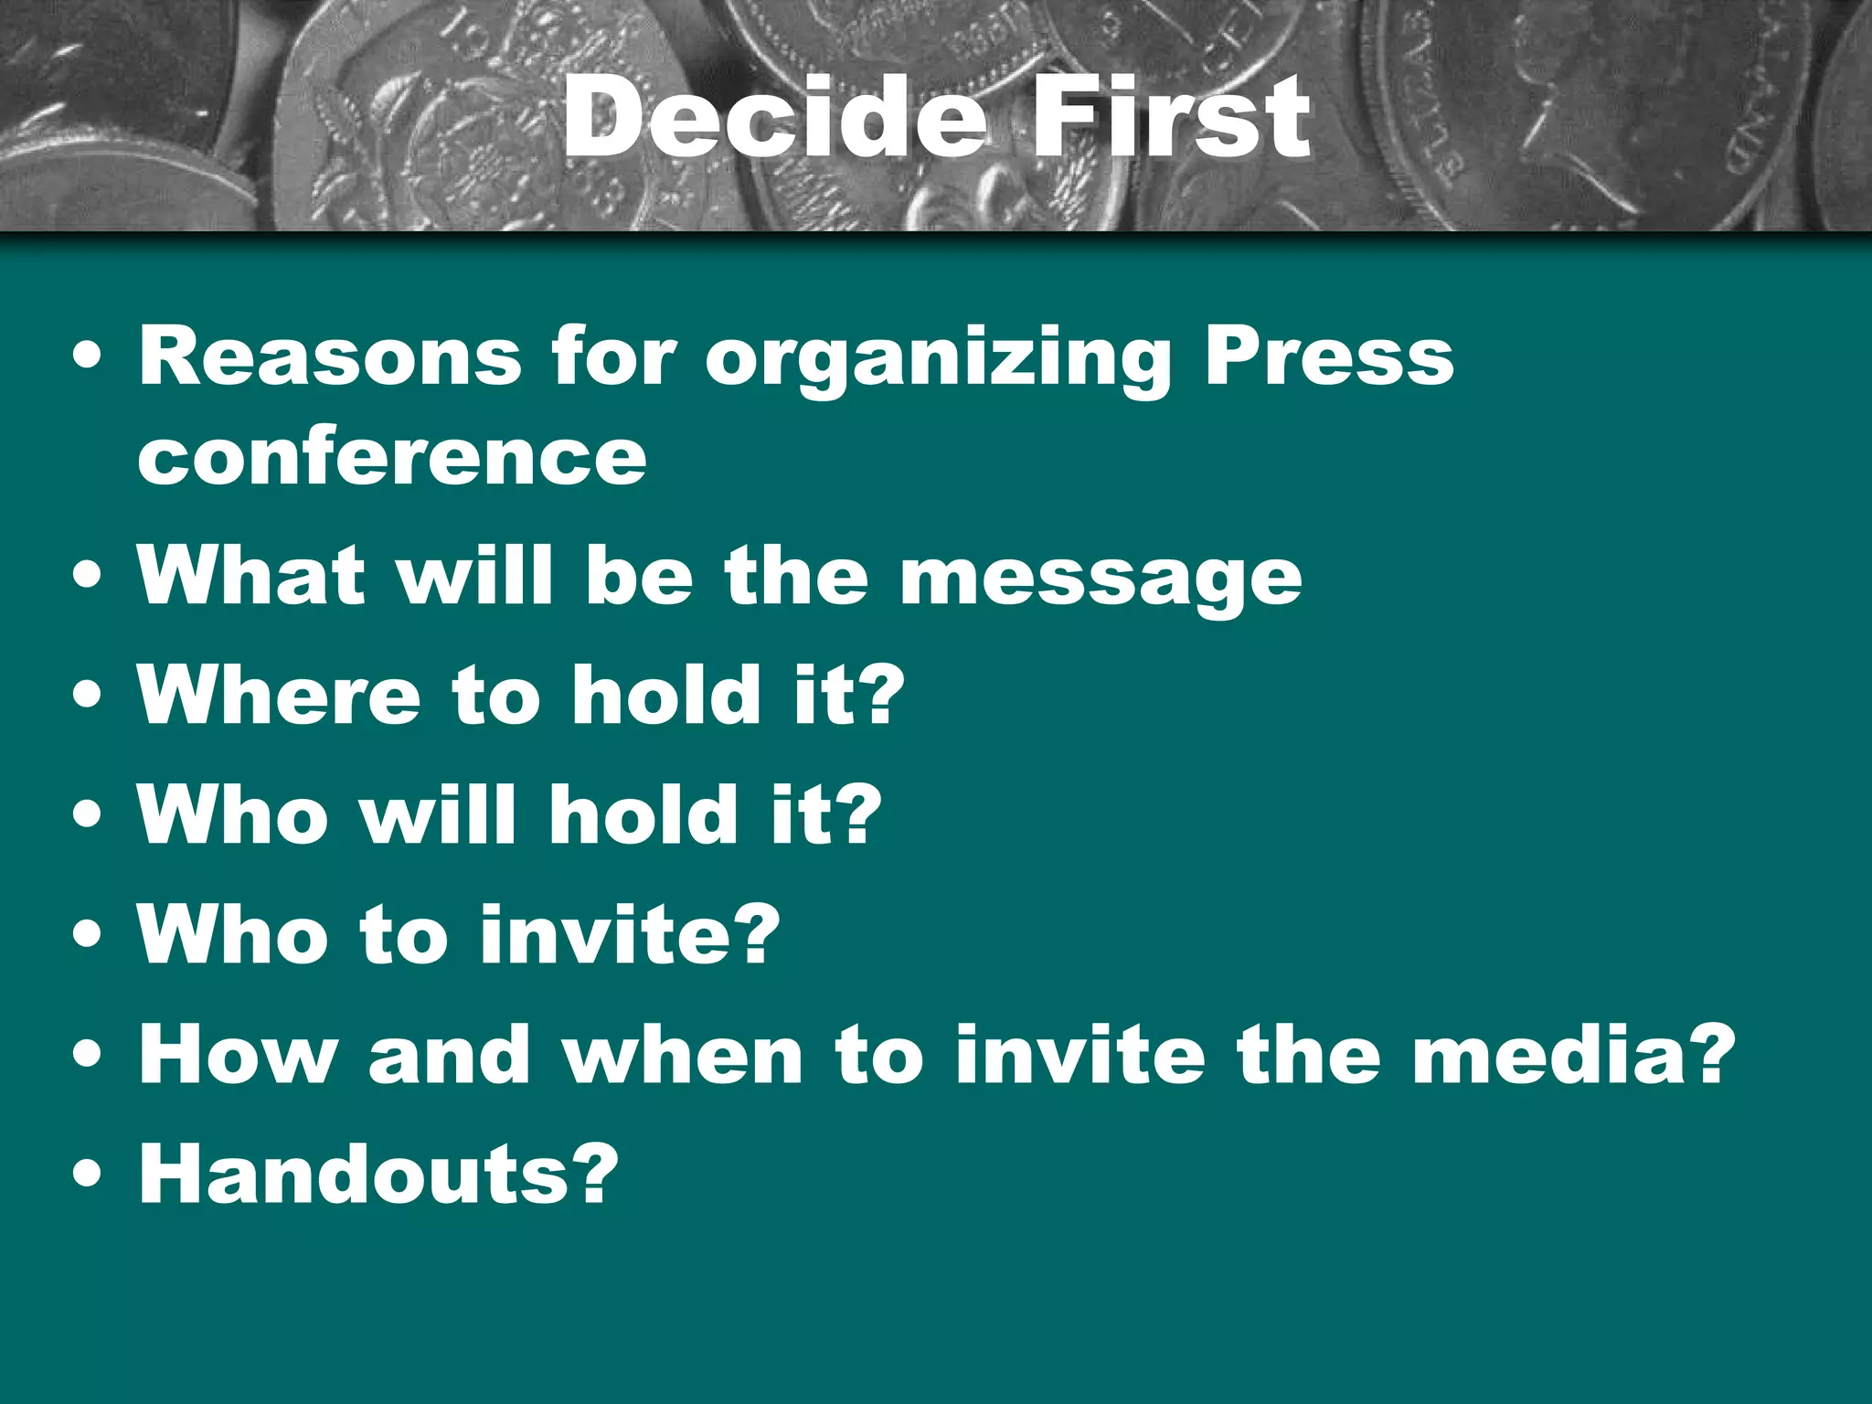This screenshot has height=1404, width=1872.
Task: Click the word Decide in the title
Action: tap(773, 116)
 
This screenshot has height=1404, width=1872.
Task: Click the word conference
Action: tap(392, 456)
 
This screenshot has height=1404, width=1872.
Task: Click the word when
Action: tap(683, 1055)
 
